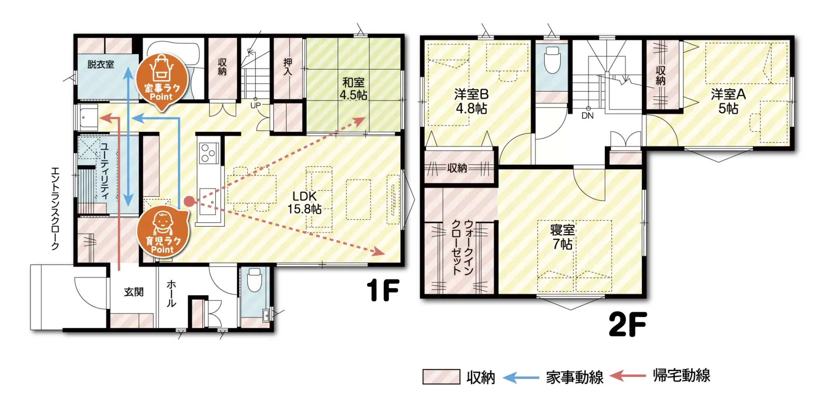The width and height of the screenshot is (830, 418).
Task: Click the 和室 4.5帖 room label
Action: pos(353,89)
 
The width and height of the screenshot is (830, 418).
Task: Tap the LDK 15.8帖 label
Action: pos(304,203)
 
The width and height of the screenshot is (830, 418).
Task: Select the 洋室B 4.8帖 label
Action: pos(471,101)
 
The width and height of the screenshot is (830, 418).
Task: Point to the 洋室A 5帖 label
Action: pos(728,101)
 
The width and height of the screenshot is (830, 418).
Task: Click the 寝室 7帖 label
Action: pos(563,237)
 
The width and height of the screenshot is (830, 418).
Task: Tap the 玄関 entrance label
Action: pos(134,292)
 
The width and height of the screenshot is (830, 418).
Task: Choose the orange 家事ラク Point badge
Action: pos(162,80)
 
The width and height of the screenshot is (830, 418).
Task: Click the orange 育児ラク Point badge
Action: pos(163,233)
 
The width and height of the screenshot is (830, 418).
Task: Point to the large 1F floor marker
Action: pos(383,290)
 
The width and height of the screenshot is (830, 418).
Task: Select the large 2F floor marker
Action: pos(628,324)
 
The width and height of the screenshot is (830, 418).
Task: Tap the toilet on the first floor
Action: pos(254,279)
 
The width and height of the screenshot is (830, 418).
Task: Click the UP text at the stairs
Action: pos(255,105)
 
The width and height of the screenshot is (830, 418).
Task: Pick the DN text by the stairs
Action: pos(587,116)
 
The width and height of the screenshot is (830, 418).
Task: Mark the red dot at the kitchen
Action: pos(190,201)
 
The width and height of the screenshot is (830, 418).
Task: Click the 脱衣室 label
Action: pos(101,65)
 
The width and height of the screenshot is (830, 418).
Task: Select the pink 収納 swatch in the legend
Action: pos(441,377)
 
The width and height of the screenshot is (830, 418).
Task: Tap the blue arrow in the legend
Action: pos(521,377)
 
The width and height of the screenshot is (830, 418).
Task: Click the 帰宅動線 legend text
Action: pos(682,376)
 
